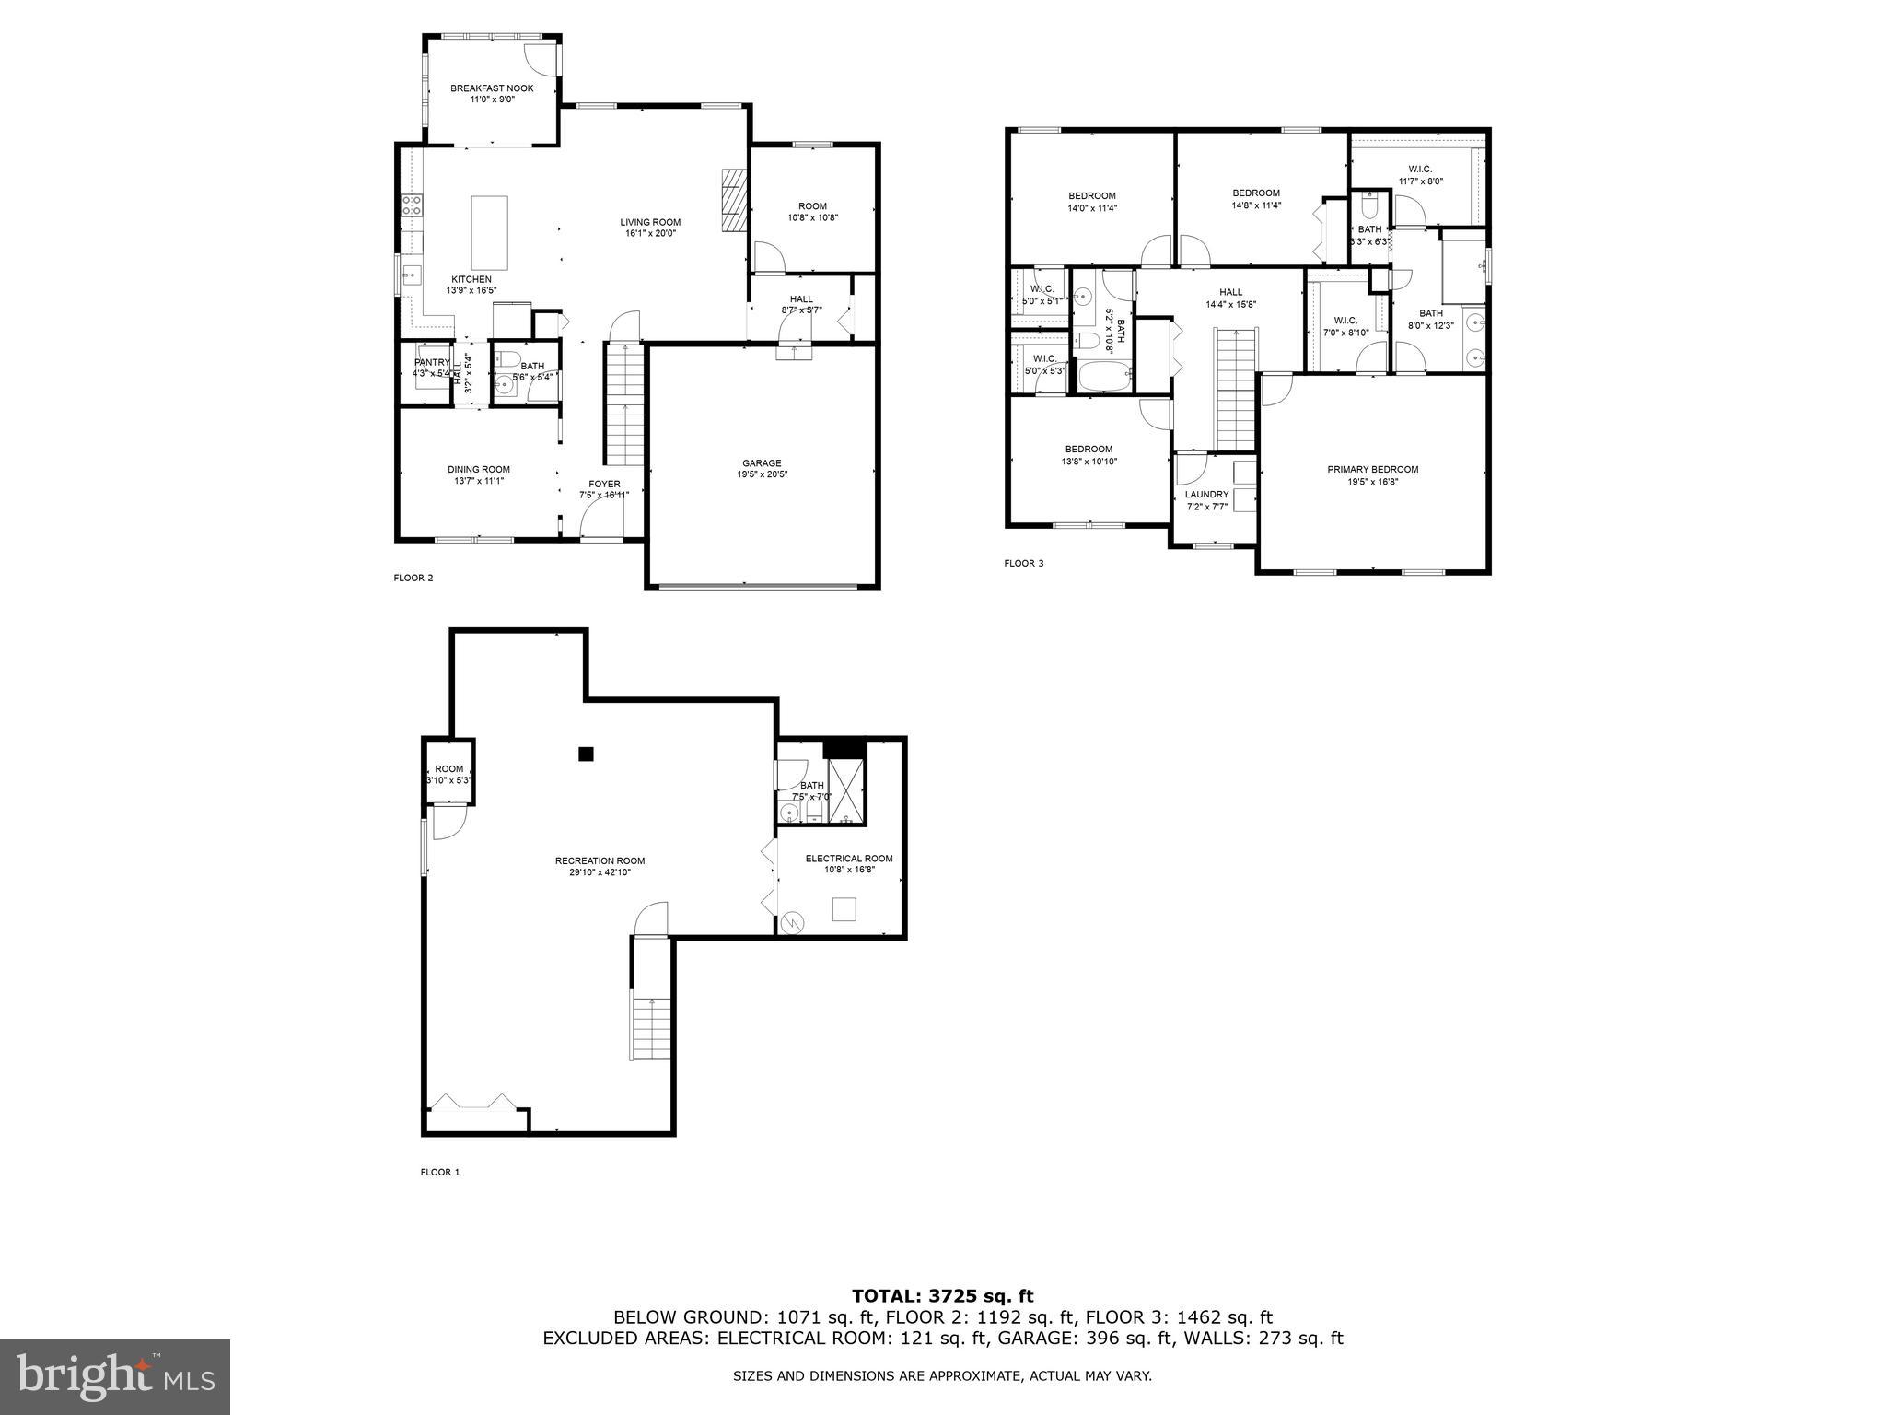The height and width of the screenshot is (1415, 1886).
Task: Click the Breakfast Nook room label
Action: click(492, 88)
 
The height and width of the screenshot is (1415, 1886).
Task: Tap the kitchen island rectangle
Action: click(489, 232)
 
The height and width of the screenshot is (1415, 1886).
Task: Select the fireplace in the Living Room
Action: click(733, 200)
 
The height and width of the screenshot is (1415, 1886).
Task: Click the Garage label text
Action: click(762, 463)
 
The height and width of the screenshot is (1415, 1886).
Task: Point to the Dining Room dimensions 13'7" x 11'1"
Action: click(478, 481)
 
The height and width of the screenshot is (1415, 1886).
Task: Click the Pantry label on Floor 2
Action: click(432, 363)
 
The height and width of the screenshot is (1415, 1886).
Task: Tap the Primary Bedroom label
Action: click(1372, 470)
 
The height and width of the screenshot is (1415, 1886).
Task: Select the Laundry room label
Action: click(1206, 495)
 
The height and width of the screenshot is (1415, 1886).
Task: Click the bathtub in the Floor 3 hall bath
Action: click(1102, 377)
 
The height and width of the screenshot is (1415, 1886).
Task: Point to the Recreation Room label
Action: click(600, 861)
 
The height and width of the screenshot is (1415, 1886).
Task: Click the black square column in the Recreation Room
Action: click(586, 754)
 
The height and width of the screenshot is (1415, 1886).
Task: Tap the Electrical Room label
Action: click(848, 859)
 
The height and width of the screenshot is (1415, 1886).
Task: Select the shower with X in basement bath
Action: click(846, 790)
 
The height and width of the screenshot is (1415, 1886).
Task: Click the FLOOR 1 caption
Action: click(439, 1173)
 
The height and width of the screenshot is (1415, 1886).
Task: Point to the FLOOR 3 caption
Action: click(1023, 564)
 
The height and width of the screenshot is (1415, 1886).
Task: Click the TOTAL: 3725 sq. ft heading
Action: click(943, 1296)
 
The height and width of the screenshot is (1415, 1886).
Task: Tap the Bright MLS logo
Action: click(115, 1377)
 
